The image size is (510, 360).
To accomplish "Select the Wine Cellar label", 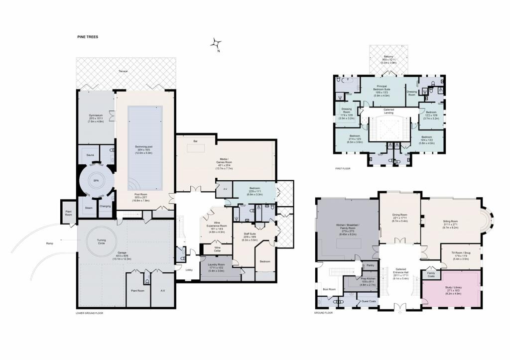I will tap(217, 249).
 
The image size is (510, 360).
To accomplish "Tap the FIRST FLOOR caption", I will tap(343, 169).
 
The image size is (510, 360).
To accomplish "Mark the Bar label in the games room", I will tap(195, 141).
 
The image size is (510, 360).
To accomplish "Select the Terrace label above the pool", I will tap(123, 71).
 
